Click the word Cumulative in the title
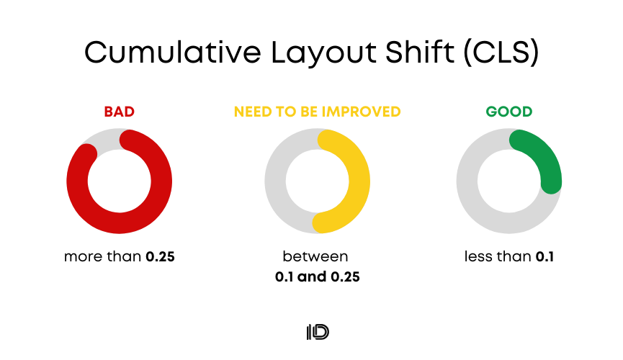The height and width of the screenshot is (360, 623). pos(173,52)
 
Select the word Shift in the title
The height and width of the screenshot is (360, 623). pos(420,52)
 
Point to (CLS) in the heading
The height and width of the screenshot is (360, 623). pos(501,52)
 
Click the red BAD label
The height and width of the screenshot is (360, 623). pos(119,112)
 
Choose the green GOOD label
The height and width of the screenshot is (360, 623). pos(509,112)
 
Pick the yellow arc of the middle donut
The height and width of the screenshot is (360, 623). pos(359,181)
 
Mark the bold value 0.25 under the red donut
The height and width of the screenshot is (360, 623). pos(160,257)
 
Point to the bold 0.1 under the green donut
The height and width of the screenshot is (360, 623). pos(544,257)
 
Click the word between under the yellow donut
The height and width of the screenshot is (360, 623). pos(315,257)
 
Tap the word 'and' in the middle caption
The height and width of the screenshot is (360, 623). pos(312,276)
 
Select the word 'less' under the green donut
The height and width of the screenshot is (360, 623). pos(476,256)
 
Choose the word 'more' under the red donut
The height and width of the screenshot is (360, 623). pos(81,257)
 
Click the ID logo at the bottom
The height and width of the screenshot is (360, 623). pos(318,332)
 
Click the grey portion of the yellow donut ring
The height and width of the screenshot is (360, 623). pos(275,181)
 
